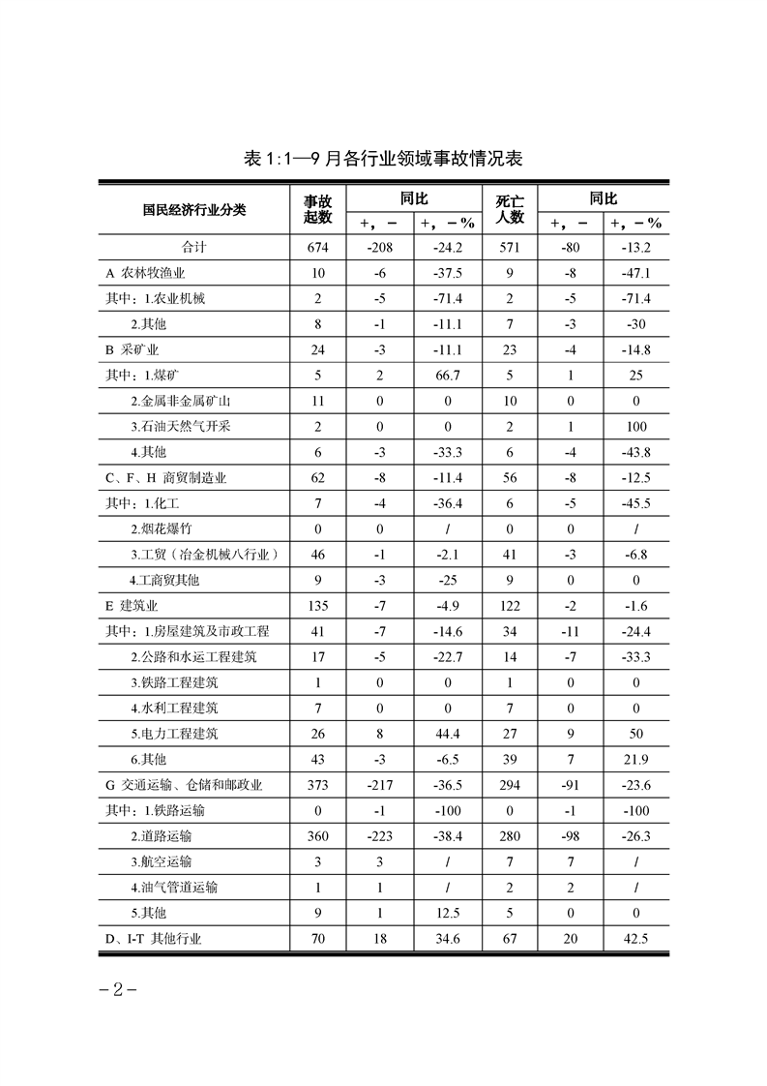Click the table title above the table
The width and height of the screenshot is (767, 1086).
[384, 158]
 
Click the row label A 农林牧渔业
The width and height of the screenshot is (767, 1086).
[148, 273]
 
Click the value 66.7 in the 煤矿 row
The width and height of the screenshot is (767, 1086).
[449, 376]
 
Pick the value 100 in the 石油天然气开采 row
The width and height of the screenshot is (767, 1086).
[635, 427]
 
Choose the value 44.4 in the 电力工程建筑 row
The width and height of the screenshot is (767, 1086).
[449, 734]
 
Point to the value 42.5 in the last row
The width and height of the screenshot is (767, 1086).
[635, 938]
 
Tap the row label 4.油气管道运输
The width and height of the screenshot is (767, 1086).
[174, 887]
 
